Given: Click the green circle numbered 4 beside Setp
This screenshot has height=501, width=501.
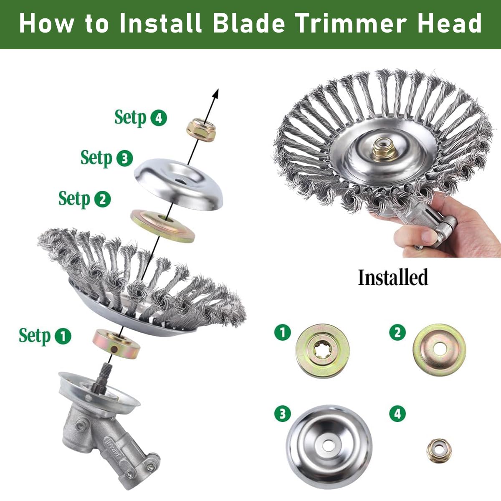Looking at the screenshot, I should pos(158,118).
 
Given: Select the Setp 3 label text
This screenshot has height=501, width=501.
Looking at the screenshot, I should pos(97,158).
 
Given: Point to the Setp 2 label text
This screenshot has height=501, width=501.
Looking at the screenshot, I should pos(74,199).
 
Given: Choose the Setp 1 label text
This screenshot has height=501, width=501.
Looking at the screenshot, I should pos(35,336).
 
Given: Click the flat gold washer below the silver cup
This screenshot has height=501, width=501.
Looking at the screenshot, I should pos(163,225).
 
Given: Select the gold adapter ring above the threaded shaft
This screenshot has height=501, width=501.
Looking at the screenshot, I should pos(116,344).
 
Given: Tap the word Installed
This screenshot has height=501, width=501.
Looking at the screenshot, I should pos(393,278).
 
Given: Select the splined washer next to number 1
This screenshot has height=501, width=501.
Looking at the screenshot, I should pos(322,348).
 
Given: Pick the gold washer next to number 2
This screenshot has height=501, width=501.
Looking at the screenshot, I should pos(439,349).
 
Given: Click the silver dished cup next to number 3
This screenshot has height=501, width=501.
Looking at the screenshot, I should pos(329,446).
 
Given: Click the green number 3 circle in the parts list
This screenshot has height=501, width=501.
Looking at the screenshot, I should pos(282,414).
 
